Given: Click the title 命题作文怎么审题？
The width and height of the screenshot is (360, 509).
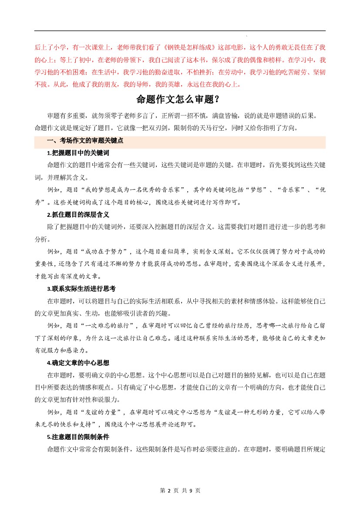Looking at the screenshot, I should click(x=180, y=99).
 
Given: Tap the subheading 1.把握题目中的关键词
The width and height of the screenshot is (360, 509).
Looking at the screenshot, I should click(x=77, y=153).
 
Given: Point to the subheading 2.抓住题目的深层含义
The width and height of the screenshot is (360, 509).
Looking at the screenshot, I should click(x=77, y=215).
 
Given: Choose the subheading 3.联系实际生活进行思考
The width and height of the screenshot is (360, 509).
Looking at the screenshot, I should click(x=81, y=289).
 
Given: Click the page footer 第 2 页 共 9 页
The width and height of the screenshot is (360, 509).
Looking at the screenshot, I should click(x=180, y=490).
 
